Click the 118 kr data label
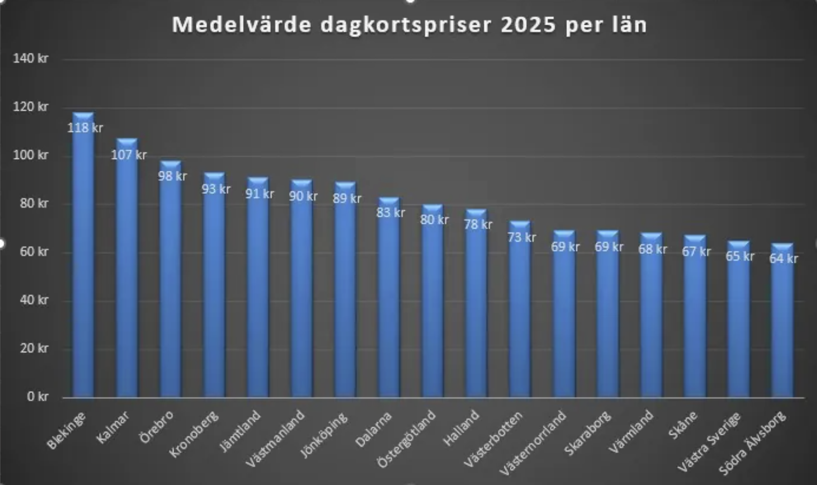tap(85, 128)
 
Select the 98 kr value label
tap(172, 176)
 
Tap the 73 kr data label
tap(521, 237)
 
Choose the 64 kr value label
tap(783, 259)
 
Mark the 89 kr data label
tap(347, 199)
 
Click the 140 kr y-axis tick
tap(31, 58)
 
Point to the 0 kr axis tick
tap(37, 397)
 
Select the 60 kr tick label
tap(34, 252)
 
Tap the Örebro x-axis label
tap(157, 427)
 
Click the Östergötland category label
tap(406, 439)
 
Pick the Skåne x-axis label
tap(683, 425)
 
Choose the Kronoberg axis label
tap(194, 434)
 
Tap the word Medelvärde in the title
tap(241, 25)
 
